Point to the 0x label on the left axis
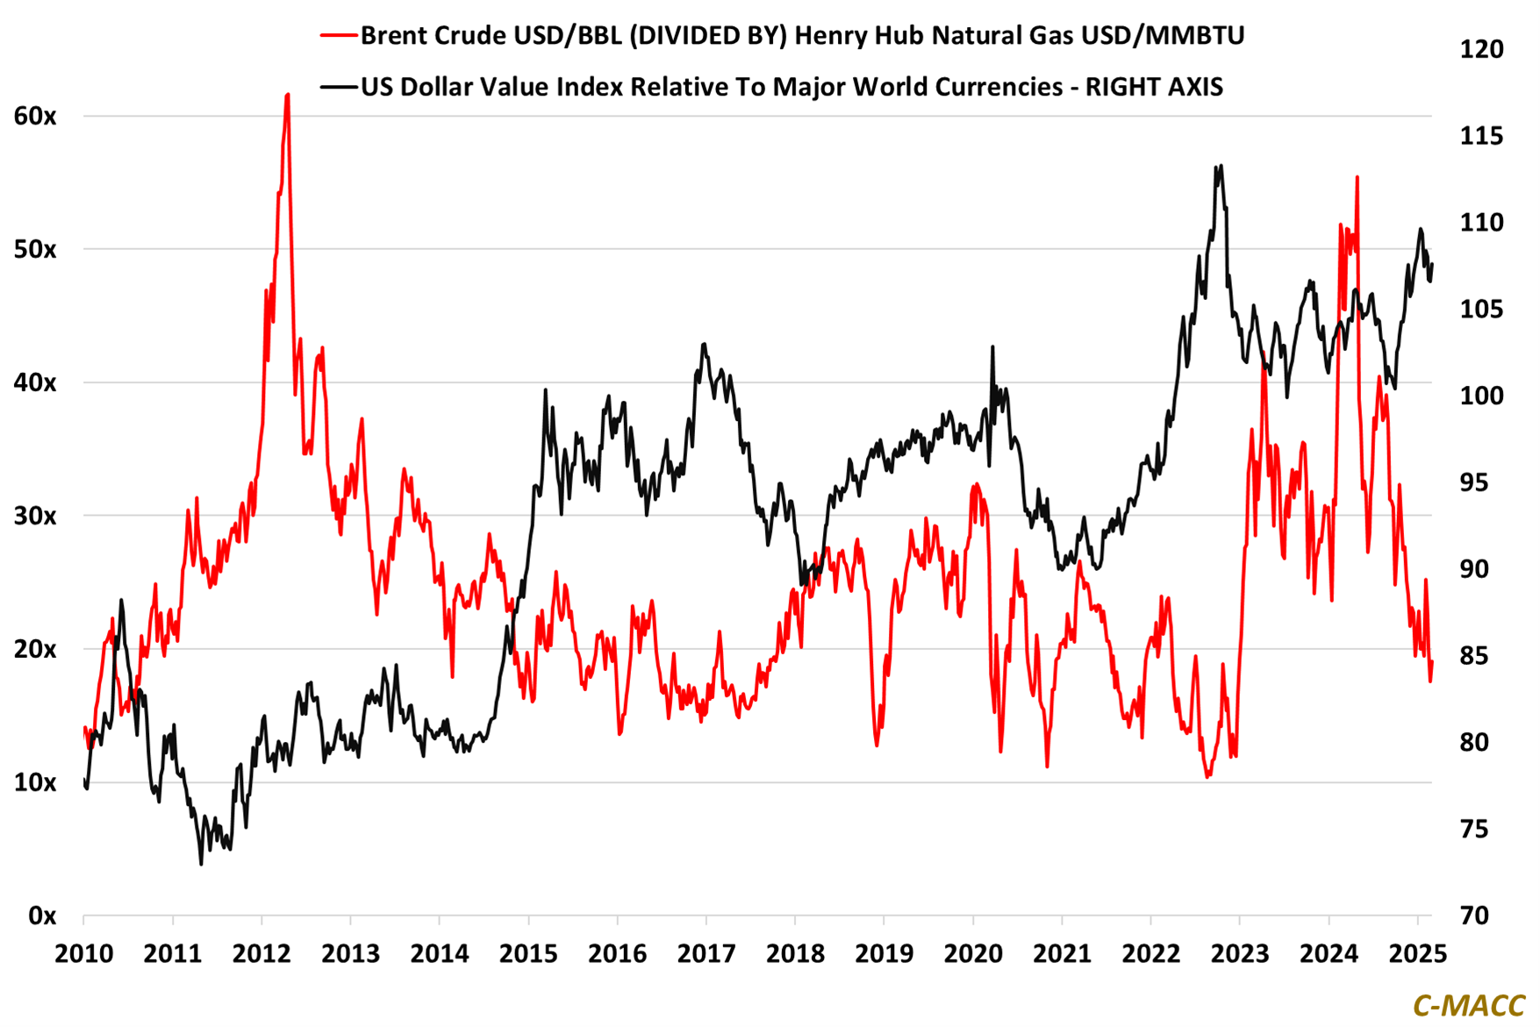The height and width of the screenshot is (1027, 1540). pyautogui.click(x=42, y=916)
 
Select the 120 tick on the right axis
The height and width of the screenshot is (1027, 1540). pyautogui.click(x=1481, y=49)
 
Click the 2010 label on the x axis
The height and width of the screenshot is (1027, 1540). pyautogui.click(x=84, y=953)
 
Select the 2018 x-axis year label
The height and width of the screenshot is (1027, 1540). pyautogui.click(x=795, y=953)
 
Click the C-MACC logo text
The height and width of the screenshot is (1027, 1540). pyautogui.click(x=1468, y=1006)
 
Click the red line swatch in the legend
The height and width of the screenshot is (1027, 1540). pyautogui.click(x=338, y=36)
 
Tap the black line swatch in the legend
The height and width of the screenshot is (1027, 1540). pyautogui.click(x=338, y=87)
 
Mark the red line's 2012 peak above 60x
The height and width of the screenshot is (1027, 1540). pyautogui.click(x=288, y=95)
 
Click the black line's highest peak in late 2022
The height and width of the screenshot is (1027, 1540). pyautogui.click(x=1221, y=166)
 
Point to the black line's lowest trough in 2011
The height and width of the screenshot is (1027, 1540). pyautogui.click(x=201, y=864)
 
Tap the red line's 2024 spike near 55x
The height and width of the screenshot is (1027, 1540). pyautogui.click(x=1357, y=177)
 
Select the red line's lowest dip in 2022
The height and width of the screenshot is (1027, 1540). pyautogui.click(x=1208, y=776)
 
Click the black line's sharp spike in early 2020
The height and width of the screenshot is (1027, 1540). pyautogui.click(x=992, y=346)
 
